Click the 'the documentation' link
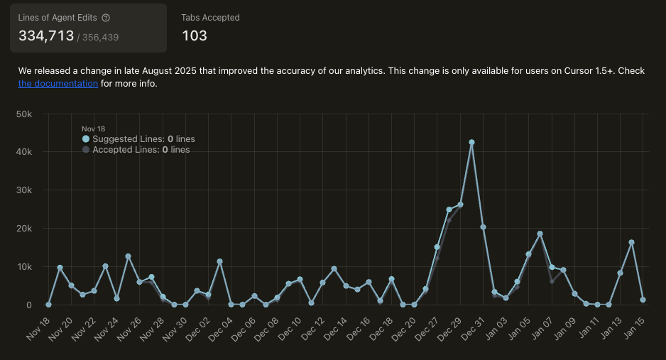click(x=58, y=84)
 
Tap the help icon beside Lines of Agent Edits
click(x=106, y=18)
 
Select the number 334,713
click(x=46, y=36)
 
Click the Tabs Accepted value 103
click(x=195, y=36)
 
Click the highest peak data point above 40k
click(x=471, y=142)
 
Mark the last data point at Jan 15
click(x=643, y=300)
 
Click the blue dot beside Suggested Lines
click(x=86, y=139)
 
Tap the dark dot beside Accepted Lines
click(x=86, y=150)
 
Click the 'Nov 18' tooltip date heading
click(x=93, y=129)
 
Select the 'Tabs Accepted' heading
click(x=210, y=18)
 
